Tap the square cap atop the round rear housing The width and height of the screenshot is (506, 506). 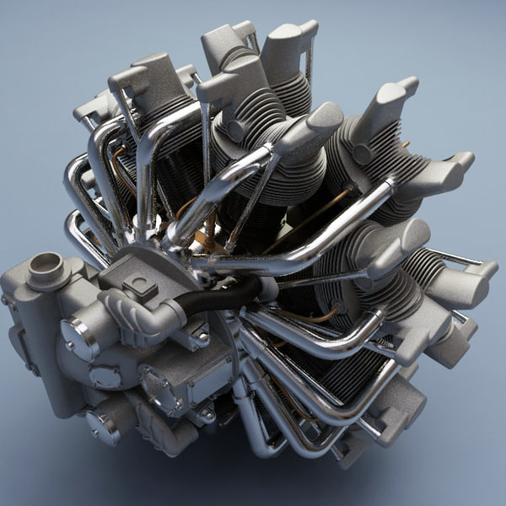click(138, 285)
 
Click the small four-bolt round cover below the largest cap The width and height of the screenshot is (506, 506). click(105, 376)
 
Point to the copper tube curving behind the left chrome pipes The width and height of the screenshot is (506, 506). click(118, 169)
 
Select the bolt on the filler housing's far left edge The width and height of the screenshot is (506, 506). click(7, 300)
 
